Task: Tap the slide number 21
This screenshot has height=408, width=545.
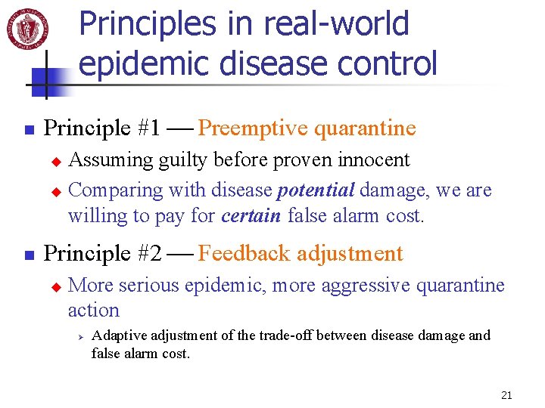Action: coord(506,394)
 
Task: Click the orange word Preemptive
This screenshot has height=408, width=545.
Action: coord(252,128)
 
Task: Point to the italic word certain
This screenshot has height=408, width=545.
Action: coord(251,216)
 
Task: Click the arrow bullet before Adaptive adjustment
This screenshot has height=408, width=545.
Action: coord(75,336)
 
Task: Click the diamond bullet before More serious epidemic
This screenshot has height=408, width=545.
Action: coord(54,286)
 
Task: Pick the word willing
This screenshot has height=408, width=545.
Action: coord(92,216)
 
